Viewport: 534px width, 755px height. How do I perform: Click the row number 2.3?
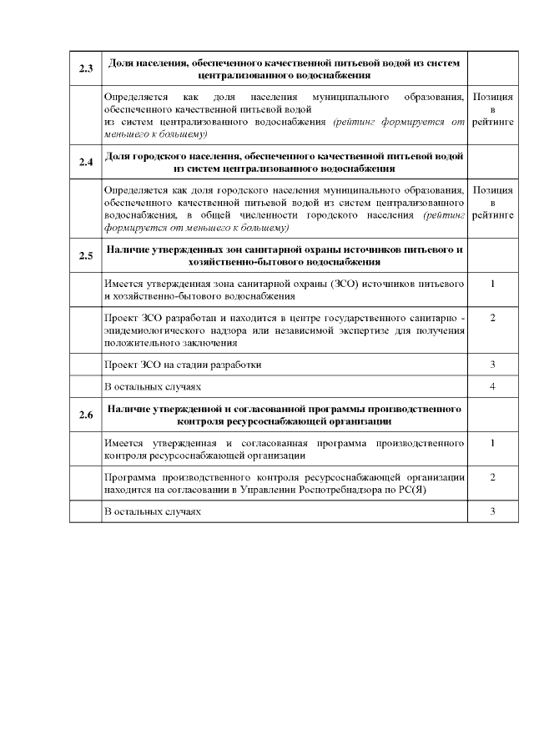pos(85,68)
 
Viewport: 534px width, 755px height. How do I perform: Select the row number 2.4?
pos(85,162)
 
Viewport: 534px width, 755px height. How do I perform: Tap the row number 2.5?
pos(85,255)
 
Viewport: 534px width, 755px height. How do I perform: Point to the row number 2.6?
pos(85,415)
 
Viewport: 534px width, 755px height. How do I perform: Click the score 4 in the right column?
pos(492,387)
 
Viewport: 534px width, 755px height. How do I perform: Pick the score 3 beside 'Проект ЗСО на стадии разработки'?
pos(492,365)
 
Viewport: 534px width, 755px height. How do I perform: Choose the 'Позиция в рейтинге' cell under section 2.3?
pos(492,110)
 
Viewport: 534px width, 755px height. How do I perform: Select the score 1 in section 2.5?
pos(492,284)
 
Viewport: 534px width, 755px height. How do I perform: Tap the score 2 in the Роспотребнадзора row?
pos(492,476)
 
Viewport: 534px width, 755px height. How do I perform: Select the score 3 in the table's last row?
pos(492,511)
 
